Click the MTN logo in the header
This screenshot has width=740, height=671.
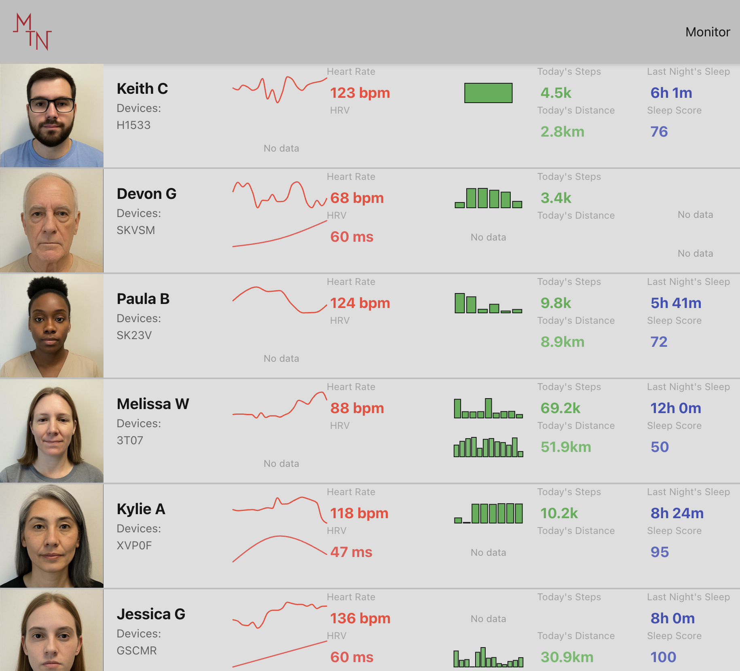pos(32,32)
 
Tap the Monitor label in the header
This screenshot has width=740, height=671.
pos(708,32)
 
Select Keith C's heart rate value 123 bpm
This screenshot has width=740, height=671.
pos(360,93)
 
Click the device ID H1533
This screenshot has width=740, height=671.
pos(133,125)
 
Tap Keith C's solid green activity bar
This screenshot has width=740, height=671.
pos(488,93)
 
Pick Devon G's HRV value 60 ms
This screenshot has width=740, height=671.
pos(352,237)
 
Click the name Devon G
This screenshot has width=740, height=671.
pos(146,194)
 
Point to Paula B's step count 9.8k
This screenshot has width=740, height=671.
pos(556,303)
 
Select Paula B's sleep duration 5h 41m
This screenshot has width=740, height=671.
pos(676,303)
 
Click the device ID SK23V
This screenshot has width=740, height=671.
pos(134,335)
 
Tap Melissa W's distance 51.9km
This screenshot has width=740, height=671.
pos(566,447)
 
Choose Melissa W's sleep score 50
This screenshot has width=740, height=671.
pos(660,447)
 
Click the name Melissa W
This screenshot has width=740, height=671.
pos(153,404)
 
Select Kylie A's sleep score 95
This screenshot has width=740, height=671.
pos(660,552)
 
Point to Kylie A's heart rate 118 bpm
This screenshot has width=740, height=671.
pos(359,513)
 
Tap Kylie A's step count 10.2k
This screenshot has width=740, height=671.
pos(559,513)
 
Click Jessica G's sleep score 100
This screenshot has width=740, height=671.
pos(663,657)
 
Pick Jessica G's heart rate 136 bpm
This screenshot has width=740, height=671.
pos(360,618)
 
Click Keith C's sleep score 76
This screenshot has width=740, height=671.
pos(659,132)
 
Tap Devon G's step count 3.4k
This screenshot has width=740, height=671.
pos(556,198)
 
